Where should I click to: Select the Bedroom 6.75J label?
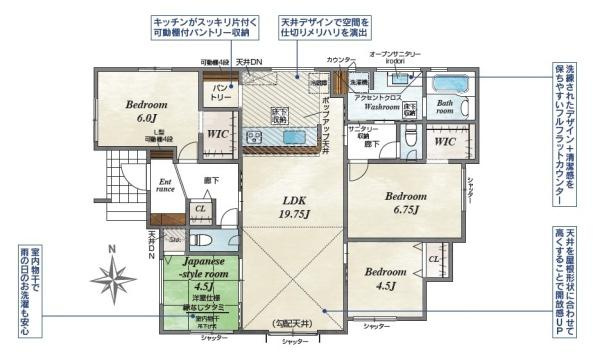click(x=407, y=202)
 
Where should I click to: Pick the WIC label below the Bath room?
click(x=446, y=143)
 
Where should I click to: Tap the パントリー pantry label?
click(x=220, y=93)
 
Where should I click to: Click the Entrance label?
click(x=166, y=186)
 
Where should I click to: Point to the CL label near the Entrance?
click(x=200, y=209)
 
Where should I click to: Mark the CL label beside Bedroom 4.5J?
click(x=433, y=260)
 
